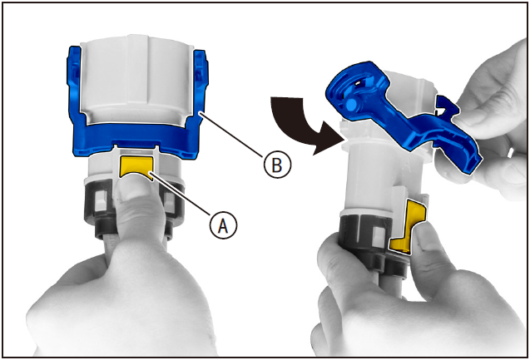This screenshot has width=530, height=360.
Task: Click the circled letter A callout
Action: click(x=223, y=225)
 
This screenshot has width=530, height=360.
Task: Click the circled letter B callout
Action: click(x=277, y=165)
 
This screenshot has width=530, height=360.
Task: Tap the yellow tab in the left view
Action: click(x=136, y=165)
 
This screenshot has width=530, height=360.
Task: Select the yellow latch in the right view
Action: click(x=409, y=226)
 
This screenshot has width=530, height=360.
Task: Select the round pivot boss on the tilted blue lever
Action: click(x=350, y=105)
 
